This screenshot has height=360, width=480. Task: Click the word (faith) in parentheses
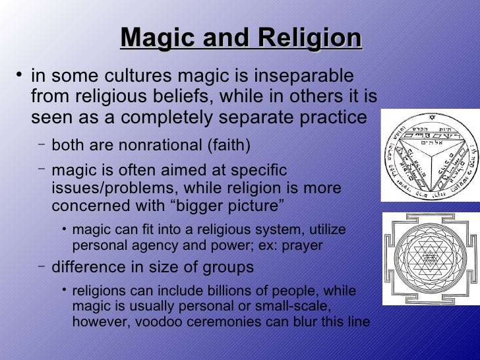coord(229,144)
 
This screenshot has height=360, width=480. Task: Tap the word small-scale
coord(296,307)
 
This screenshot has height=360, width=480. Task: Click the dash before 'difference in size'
coord(41,266)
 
